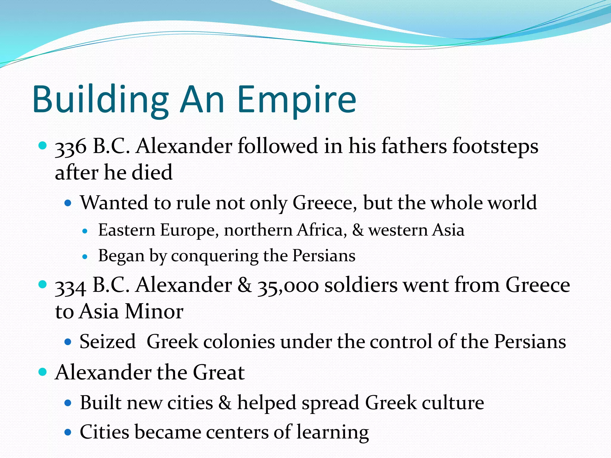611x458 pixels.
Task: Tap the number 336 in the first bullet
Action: coord(71,147)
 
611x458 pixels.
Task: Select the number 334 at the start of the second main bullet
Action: coord(71,286)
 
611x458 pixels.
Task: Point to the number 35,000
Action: coord(288,286)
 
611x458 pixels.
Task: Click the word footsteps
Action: coord(495,147)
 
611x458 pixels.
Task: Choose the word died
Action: coord(152,173)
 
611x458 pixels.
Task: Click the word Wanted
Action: coord(114,203)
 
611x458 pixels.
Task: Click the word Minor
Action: coord(154,312)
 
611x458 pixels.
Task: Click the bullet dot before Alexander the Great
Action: coord(43,372)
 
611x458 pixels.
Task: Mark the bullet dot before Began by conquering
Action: coord(85,256)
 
